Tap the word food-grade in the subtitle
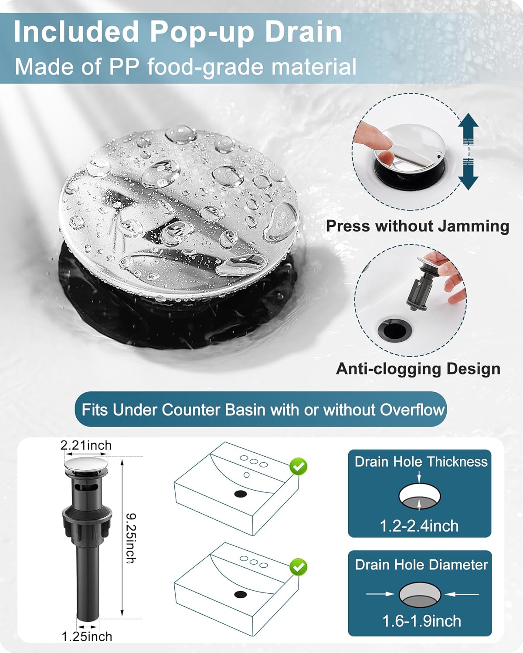(205, 67)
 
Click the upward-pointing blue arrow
(468, 128)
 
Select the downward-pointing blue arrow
(468, 174)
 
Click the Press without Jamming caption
(417, 226)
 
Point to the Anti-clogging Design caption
(418, 369)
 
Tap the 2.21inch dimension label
(86, 445)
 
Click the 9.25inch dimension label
(131, 539)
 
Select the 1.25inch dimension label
(87, 636)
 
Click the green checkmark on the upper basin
(299, 466)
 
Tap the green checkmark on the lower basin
(299, 567)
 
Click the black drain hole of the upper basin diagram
(241, 494)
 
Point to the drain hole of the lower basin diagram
(241, 594)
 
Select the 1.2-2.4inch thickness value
(419, 526)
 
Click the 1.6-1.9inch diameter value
(421, 621)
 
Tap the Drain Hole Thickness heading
(421, 462)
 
